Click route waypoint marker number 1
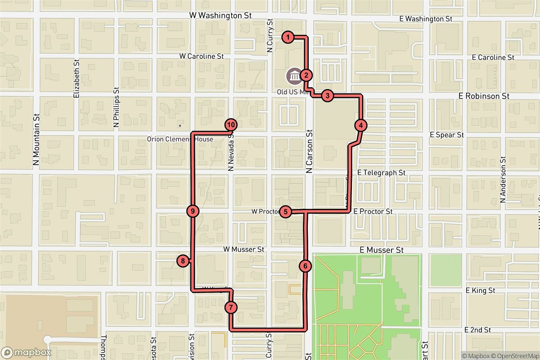[288, 37]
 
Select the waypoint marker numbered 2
[306, 75]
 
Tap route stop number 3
[328, 95]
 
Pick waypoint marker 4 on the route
[361, 125]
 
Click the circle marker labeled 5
[285, 211]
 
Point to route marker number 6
[305, 266]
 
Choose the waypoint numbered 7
[230, 308]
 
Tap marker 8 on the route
[183, 261]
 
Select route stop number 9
[193, 211]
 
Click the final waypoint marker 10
[230, 125]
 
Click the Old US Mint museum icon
[295, 76]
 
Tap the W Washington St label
[220, 15]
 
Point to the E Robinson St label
[483, 96]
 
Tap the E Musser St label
[382, 250]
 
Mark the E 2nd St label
[478, 330]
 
